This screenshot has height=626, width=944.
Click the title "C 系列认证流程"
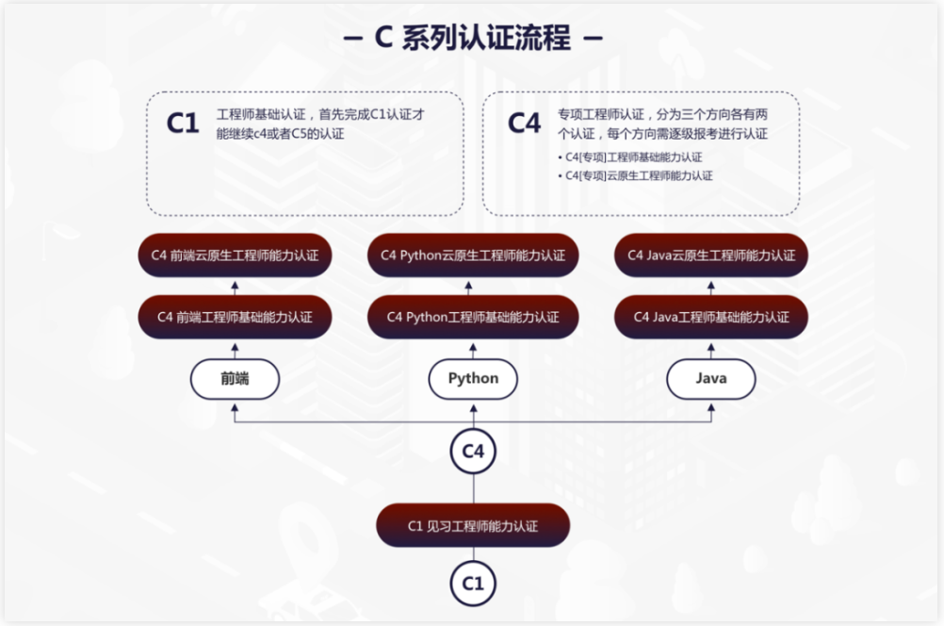click(472, 39)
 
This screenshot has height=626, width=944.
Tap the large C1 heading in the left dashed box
click(183, 124)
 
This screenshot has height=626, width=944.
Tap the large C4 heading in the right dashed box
click(525, 124)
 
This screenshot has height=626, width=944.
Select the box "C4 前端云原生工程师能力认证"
click(236, 255)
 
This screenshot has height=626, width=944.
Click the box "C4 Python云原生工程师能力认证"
click(473, 255)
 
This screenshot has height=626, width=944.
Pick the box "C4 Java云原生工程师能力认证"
click(711, 255)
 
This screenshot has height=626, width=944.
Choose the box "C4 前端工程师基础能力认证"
click(236, 317)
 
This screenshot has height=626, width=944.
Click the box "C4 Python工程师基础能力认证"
click(473, 317)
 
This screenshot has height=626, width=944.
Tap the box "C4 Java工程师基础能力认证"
click(711, 317)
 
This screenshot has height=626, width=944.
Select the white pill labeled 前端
click(236, 379)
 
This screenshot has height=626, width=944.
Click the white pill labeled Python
click(473, 379)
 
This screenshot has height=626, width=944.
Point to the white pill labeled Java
click(711, 379)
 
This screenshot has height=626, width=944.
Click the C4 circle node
click(473, 452)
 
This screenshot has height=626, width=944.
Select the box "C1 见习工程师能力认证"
click(473, 526)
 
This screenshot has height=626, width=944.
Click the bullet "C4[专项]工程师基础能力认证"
click(633, 157)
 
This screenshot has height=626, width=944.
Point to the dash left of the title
click(355, 40)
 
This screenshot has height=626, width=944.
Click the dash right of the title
click(592, 40)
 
